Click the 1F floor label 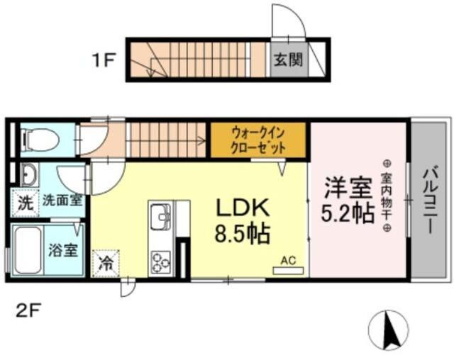tap(103, 60)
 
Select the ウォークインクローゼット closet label tap(258, 140)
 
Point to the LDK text tap(241, 208)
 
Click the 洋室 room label tap(348, 188)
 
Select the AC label tap(287, 260)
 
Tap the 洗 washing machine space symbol tap(24, 201)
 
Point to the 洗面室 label tap(62, 201)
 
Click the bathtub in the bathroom tap(28, 252)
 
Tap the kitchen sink tap(160, 215)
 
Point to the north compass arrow tap(388, 330)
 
